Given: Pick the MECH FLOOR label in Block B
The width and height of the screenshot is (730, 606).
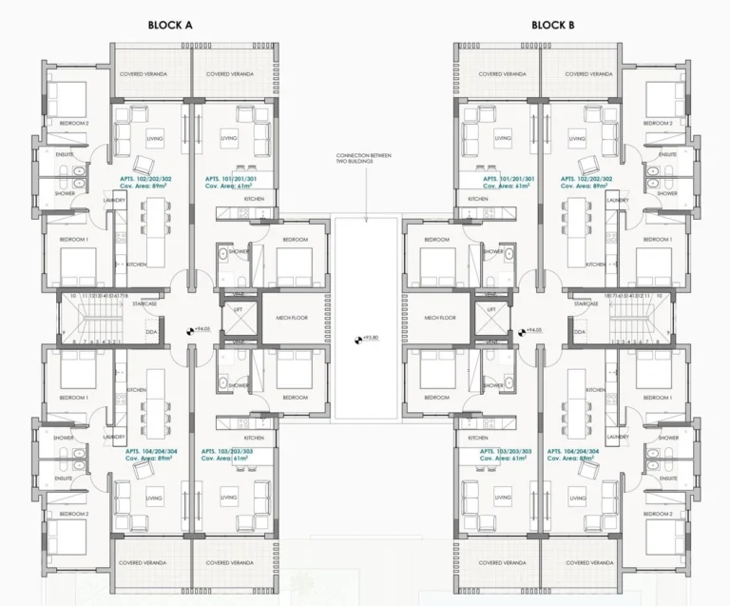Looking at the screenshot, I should [441, 318].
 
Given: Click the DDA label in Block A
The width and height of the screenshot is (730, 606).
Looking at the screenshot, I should [151, 331].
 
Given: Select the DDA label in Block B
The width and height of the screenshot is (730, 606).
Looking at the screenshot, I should [579, 331].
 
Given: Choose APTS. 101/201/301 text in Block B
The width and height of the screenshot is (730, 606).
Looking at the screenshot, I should [509, 179].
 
